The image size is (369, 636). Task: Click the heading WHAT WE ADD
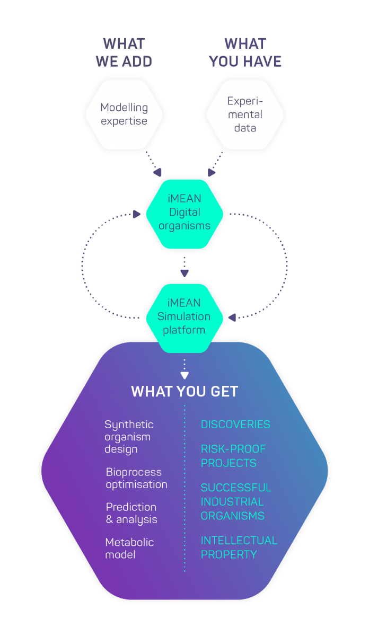[124, 52]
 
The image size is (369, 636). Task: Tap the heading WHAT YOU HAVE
[245, 52]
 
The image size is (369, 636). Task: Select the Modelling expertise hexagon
[124, 114]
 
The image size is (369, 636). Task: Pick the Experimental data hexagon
[245, 114]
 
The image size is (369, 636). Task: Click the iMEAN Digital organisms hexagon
[184, 214]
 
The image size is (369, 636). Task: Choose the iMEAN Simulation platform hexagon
[184, 319]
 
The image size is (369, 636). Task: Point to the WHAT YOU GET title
[184, 391]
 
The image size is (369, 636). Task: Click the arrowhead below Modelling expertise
[157, 172]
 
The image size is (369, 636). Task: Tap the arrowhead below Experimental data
[211, 172]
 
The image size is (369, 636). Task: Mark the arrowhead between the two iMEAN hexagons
[184, 273]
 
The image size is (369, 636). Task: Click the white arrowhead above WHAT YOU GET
[184, 375]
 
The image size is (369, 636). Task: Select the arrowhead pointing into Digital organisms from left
[137, 214]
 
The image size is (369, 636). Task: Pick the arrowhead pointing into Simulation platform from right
[232, 317]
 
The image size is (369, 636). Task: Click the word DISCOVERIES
[235, 425]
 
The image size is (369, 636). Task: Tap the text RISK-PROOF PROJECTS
[233, 456]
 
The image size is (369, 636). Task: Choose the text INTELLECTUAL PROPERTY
[239, 547]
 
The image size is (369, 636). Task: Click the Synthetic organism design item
[129, 437]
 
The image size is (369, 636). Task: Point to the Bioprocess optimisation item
[137, 479]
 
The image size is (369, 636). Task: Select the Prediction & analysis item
[131, 514]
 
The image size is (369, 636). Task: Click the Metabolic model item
[129, 548]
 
